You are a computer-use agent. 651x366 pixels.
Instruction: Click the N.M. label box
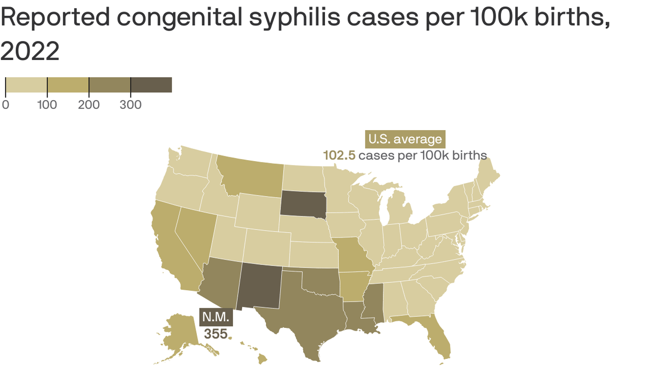(x=216, y=317)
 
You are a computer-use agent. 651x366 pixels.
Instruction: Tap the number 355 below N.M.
(x=216, y=334)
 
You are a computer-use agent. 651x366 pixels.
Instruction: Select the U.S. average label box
(x=405, y=139)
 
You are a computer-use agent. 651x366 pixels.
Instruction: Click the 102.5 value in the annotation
(x=339, y=155)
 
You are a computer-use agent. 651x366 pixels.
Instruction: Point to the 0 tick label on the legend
(x=5, y=105)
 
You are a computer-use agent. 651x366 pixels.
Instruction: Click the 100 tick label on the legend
(x=47, y=105)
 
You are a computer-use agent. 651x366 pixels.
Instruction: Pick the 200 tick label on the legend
(x=89, y=105)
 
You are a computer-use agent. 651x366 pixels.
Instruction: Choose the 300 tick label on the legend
(x=131, y=105)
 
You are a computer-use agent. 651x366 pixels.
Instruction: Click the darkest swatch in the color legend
(x=151, y=85)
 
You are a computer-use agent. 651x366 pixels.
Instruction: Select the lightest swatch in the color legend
(x=26, y=85)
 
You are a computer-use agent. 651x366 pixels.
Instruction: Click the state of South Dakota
(x=302, y=204)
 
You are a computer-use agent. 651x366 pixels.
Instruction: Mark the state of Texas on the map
(x=305, y=310)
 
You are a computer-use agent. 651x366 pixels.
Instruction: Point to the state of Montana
(x=250, y=176)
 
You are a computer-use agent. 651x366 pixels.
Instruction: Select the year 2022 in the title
(x=30, y=51)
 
